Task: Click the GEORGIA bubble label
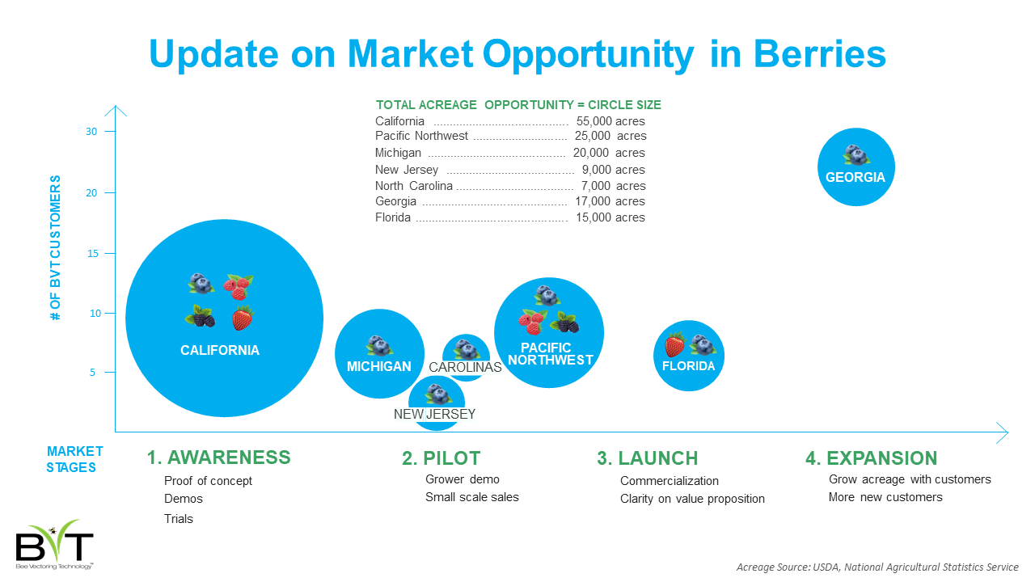pos(855,177)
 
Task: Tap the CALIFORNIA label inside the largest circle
pos(220,350)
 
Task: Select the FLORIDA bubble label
pos(688,366)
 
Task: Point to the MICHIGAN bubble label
pos(379,367)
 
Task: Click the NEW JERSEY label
pos(434,415)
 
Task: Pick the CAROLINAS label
pos(465,367)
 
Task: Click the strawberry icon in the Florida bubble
pos(674,344)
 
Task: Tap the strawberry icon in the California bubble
pos(242,318)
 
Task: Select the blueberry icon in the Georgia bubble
pos(855,155)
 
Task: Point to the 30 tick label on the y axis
pos(91,132)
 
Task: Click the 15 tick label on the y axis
pos(92,254)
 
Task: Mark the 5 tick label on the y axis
pos(92,373)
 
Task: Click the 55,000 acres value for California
pos(610,121)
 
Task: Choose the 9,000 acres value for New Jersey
pos(613,170)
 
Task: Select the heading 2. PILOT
pos(441,458)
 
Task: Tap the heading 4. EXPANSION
pos(872,458)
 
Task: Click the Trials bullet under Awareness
pos(179,519)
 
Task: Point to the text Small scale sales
pos(471,497)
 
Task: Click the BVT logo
pos(54,544)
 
